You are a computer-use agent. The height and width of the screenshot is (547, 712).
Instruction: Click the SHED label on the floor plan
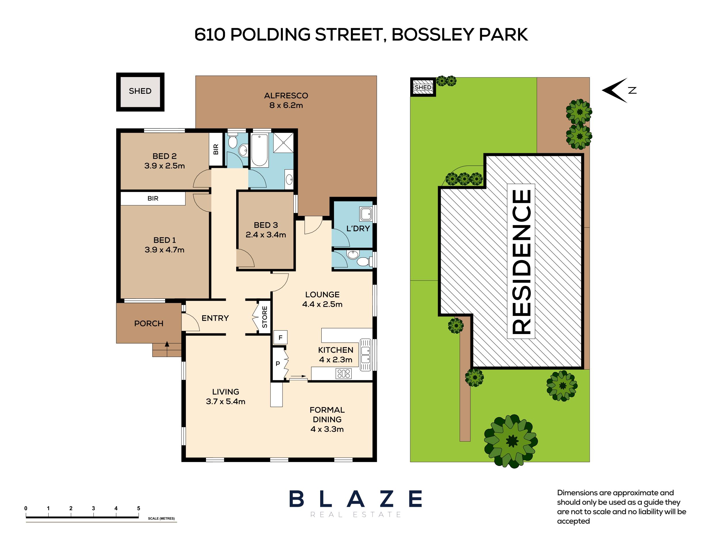[140, 91]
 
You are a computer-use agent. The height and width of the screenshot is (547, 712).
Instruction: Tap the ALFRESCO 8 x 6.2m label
[286, 100]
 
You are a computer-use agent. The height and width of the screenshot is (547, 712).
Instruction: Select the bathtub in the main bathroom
[259, 150]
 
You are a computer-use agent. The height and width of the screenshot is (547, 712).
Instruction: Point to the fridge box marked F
[280, 338]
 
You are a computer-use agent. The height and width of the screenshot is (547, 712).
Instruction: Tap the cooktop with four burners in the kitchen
[343, 373]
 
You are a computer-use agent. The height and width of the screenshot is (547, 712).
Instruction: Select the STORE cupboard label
[265, 317]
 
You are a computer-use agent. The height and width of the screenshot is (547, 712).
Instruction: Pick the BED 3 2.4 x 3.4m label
[266, 230]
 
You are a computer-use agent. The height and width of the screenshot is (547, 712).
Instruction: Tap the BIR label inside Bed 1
[153, 198]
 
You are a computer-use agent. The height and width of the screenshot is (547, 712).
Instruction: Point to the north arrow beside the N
[614, 91]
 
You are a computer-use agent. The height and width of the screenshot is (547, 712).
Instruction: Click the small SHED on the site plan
[423, 87]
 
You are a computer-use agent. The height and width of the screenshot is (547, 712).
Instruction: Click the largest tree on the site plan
[511, 441]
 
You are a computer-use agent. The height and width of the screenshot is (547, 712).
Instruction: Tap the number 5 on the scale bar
[138, 508]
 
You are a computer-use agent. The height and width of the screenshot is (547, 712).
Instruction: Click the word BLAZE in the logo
[356, 499]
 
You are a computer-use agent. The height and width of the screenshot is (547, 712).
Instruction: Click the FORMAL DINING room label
[327, 419]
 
